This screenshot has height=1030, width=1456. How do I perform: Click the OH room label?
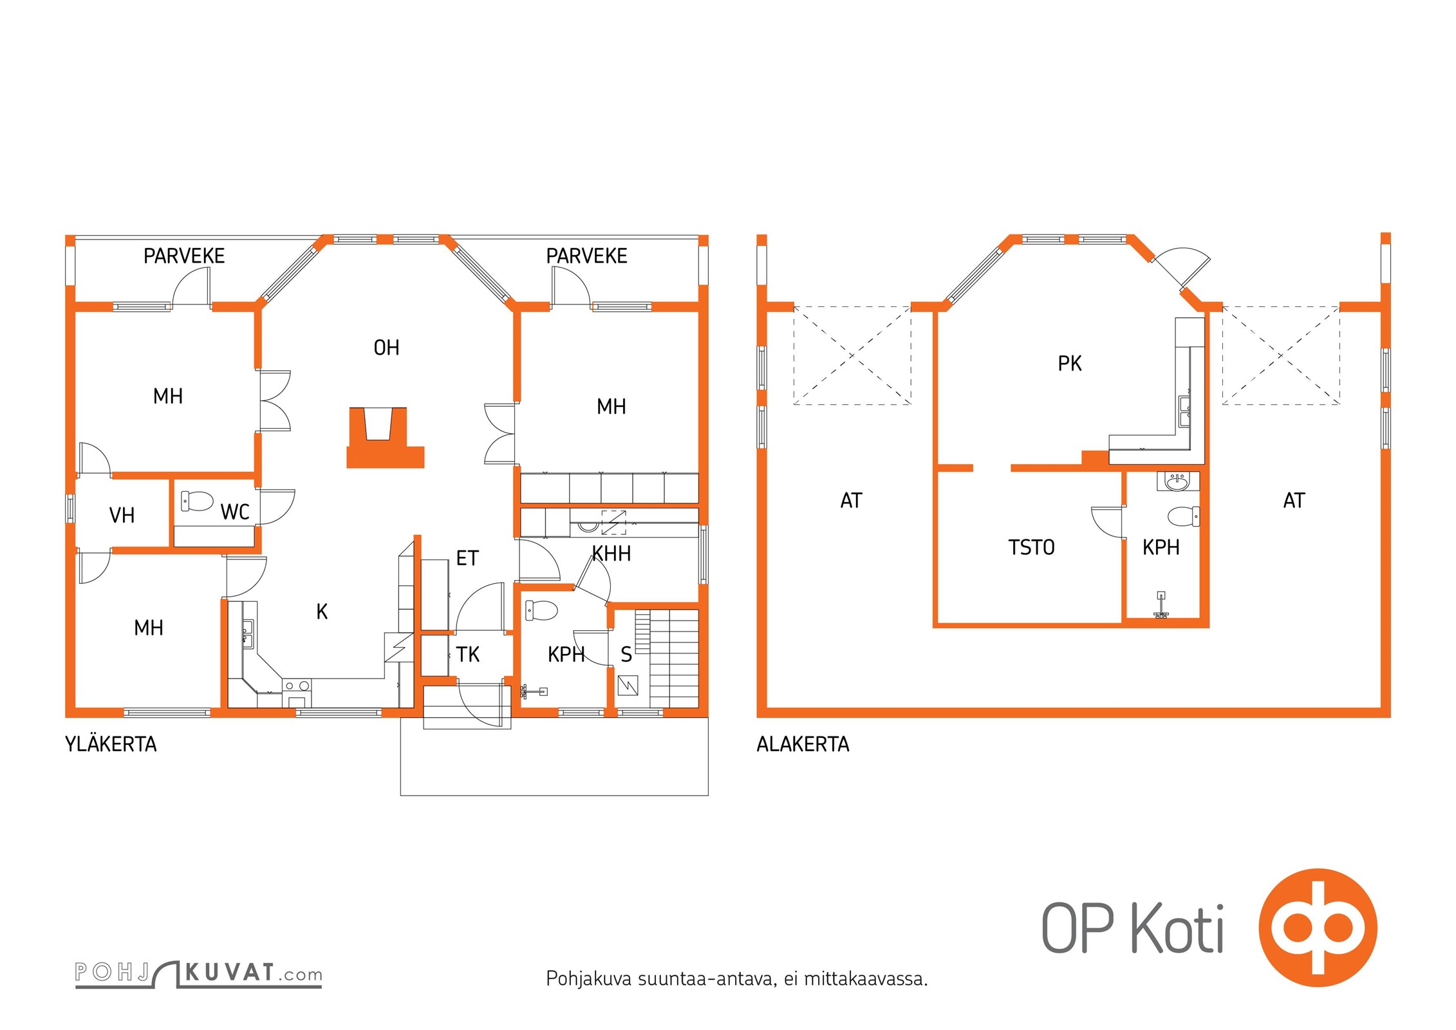[386, 348]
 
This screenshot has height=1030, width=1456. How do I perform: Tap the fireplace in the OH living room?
[385, 438]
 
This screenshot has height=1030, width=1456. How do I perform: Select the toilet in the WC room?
[197, 501]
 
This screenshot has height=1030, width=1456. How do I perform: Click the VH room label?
[122, 515]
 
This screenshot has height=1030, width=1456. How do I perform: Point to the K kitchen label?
[322, 611]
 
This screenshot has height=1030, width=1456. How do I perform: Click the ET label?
[467, 558]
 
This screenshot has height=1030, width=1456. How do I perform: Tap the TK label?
[468, 655]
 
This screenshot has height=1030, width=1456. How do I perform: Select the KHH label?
[611, 554]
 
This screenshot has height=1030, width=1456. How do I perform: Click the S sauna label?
[626, 655]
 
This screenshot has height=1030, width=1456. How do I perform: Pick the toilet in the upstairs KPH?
[541, 610]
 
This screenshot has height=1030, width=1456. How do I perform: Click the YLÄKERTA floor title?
[111, 744]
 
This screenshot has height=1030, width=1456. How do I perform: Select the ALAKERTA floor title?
[803, 744]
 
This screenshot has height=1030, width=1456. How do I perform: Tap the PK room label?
[1070, 364]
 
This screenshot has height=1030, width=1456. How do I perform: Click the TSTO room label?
[1031, 547]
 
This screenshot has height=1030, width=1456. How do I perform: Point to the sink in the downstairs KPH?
[1178, 481]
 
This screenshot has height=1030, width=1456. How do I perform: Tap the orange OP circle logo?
[1318, 928]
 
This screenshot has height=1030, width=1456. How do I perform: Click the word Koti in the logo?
[1177, 928]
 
